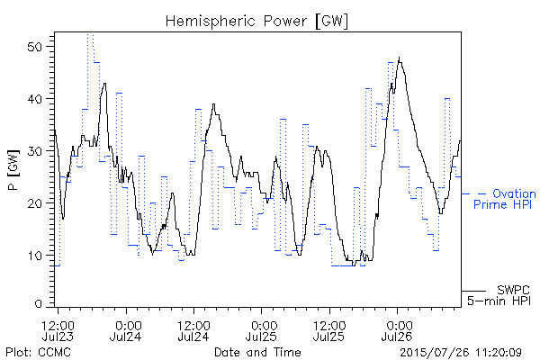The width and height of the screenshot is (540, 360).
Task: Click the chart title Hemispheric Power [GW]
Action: [x=256, y=22]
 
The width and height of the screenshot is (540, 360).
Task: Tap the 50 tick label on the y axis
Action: [x=35, y=47]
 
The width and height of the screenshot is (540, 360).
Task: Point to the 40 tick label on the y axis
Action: [x=35, y=99]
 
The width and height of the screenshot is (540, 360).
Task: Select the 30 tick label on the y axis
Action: [x=35, y=151]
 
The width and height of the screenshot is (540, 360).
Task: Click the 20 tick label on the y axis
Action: [x=35, y=203]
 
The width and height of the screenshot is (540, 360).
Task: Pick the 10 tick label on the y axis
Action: [x=35, y=256]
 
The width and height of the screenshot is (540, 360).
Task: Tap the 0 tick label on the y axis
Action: [x=39, y=303]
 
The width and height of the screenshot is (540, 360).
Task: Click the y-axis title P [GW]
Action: [x=14, y=170]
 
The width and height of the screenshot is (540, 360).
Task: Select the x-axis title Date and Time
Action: [x=257, y=352]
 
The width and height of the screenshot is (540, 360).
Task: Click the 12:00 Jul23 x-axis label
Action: [x=58, y=330]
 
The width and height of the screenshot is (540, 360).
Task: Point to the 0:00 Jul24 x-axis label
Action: [x=126, y=330]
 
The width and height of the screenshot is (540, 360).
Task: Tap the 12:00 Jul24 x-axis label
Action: [x=193, y=330]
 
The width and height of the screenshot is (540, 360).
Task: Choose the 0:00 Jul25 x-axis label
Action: [x=261, y=330]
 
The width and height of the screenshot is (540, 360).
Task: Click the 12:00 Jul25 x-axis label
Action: [x=329, y=330]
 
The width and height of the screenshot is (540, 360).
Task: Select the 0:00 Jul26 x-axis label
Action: [x=397, y=330]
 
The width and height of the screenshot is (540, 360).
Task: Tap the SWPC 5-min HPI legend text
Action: [x=499, y=295]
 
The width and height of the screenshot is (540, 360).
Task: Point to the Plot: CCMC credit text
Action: [x=38, y=352]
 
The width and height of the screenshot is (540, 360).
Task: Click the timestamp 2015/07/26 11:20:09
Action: [x=461, y=353]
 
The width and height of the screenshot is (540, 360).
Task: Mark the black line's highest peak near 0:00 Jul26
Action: [x=399, y=58]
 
